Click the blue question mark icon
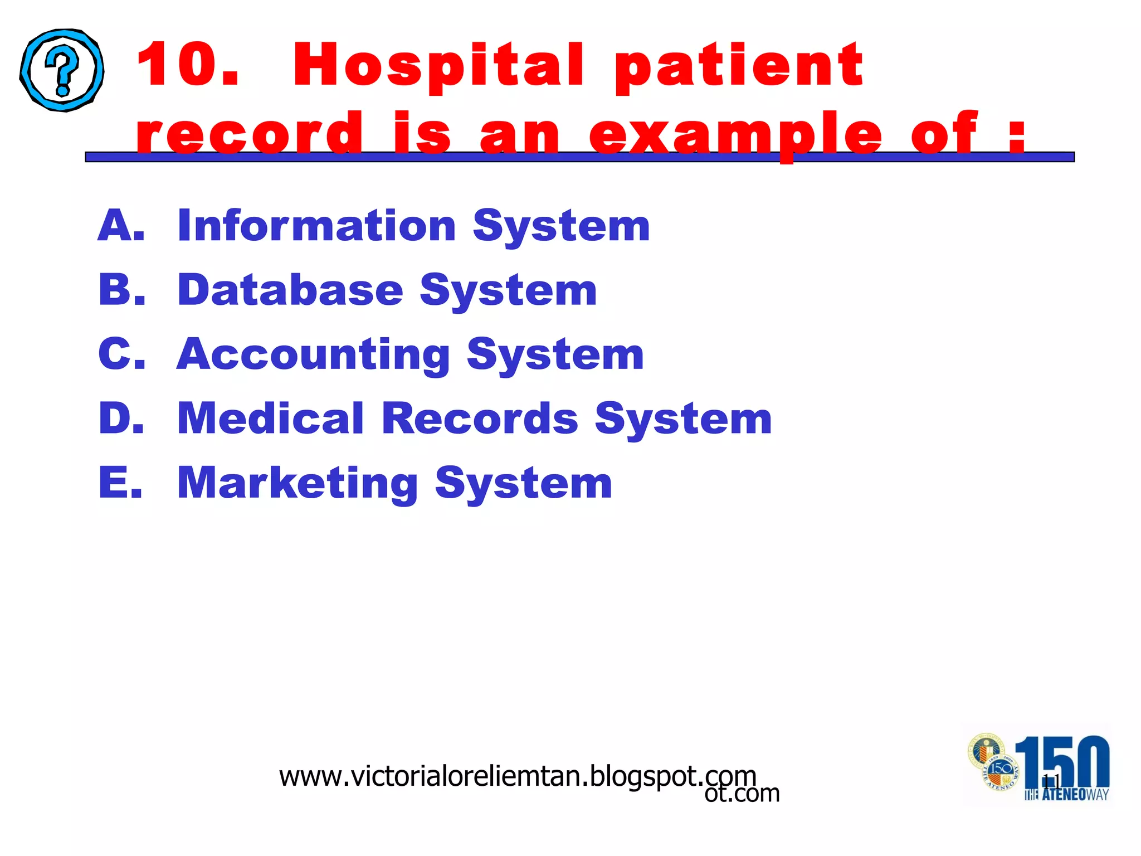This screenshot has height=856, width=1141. click(62, 70)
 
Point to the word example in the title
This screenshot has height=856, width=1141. click(735, 134)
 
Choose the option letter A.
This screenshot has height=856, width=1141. click(120, 226)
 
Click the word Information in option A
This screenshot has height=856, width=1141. click(316, 226)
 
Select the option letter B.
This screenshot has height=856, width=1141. click(121, 290)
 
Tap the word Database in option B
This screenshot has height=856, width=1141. click(290, 290)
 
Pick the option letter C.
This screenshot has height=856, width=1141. click(121, 354)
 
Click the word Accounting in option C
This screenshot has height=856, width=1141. click(313, 355)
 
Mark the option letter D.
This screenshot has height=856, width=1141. click(121, 418)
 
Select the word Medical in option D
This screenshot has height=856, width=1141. click(270, 419)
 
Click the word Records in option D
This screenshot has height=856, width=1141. click(480, 419)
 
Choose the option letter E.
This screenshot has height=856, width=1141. click(120, 483)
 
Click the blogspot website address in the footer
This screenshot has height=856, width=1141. click(518, 776)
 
